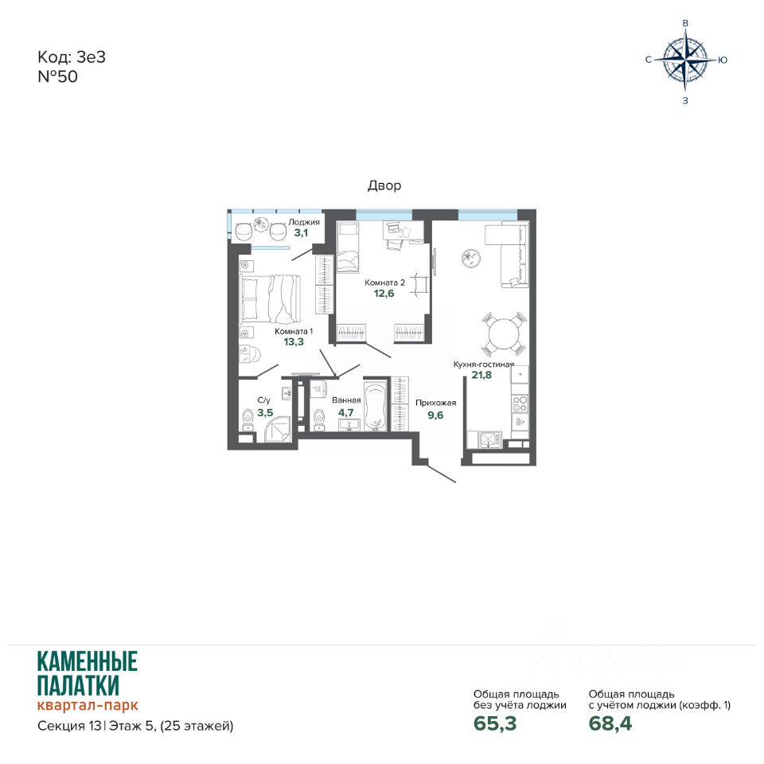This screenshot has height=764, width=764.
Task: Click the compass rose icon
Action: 685,60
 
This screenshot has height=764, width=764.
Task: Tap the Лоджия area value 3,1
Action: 301,233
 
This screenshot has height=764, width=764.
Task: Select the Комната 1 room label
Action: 294,331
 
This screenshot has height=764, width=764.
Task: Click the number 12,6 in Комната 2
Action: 384,294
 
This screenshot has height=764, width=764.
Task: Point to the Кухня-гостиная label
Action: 484,364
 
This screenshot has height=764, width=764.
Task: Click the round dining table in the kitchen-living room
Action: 505,334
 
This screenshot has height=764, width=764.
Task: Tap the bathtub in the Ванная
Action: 375,407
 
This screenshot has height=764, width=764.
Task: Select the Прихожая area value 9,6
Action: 435,415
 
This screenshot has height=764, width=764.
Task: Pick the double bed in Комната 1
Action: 270,298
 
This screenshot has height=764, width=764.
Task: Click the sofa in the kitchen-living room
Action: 507,255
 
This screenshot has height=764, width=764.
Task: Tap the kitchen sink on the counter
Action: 489,439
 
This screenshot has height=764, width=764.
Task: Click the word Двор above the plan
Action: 384,185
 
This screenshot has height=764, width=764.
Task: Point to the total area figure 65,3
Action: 495,723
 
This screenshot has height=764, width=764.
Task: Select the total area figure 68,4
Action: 610,723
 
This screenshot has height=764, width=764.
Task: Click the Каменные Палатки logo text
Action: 88,673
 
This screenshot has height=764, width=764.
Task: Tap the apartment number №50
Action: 57,76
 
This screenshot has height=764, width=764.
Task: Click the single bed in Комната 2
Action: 348,247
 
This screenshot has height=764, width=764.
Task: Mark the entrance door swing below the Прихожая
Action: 442,472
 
